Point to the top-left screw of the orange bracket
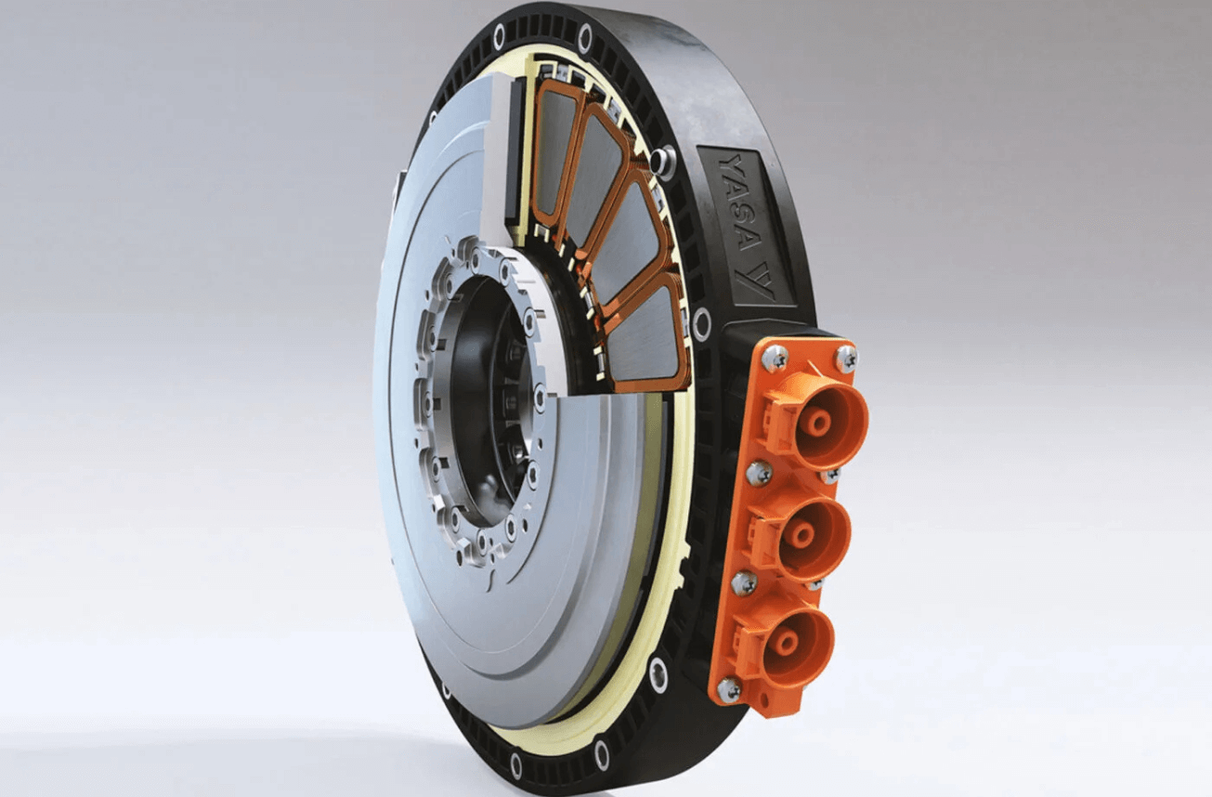click(775, 358)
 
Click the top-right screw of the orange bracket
click(846, 357)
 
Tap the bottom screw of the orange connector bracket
click(728, 691)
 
